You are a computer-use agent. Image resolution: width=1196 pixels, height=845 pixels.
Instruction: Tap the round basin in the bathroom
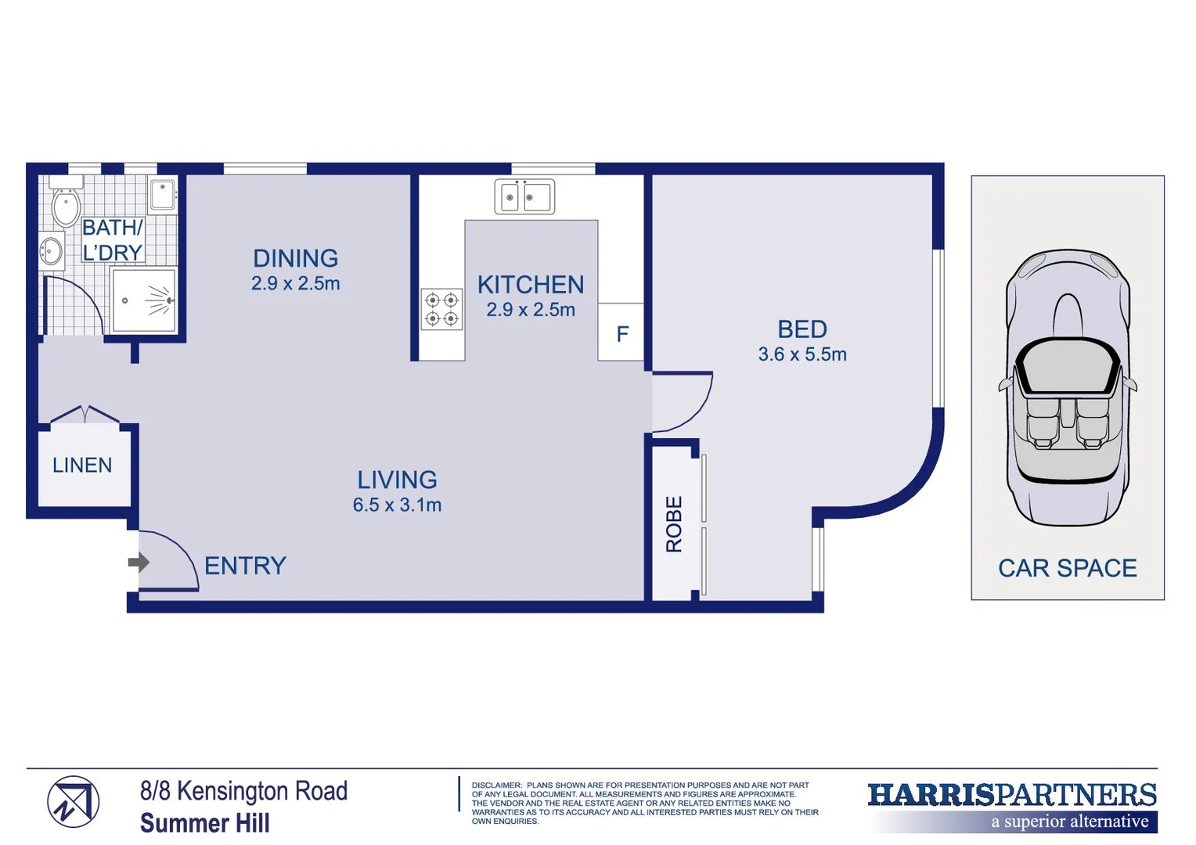point(52,251)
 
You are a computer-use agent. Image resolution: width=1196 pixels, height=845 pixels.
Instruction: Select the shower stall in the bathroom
point(144,300)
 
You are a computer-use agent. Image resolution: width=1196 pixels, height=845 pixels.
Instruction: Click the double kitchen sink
point(524,196)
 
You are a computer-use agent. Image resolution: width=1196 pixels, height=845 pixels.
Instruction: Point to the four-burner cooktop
point(441,309)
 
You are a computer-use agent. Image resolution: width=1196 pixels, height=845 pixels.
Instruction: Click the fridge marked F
point(621,334)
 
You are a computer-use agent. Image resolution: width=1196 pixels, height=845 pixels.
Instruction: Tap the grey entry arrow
point(139,562)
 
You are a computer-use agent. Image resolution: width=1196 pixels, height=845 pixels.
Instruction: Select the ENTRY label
point(245,566)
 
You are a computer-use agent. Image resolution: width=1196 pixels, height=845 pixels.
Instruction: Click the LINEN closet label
point(82,466)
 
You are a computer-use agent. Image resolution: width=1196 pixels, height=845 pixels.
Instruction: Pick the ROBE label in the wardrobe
point(674,523)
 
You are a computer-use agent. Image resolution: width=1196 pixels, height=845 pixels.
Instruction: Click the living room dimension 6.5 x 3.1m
point(397,505)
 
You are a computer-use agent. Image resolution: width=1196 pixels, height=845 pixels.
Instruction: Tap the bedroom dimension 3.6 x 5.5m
point(802,354)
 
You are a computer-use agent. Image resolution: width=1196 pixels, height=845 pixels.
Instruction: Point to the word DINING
point(295,258)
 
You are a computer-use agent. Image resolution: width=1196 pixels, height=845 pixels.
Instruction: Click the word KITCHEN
point(531,285)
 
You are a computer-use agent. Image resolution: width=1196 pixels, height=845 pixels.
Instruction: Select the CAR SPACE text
point(1067,568)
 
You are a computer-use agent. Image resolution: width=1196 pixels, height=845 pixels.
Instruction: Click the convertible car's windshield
point(1067,368)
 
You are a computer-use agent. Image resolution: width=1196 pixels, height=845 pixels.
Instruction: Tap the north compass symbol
point(73,802)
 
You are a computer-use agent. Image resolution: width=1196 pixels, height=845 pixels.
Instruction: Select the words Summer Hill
point(205,823)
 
